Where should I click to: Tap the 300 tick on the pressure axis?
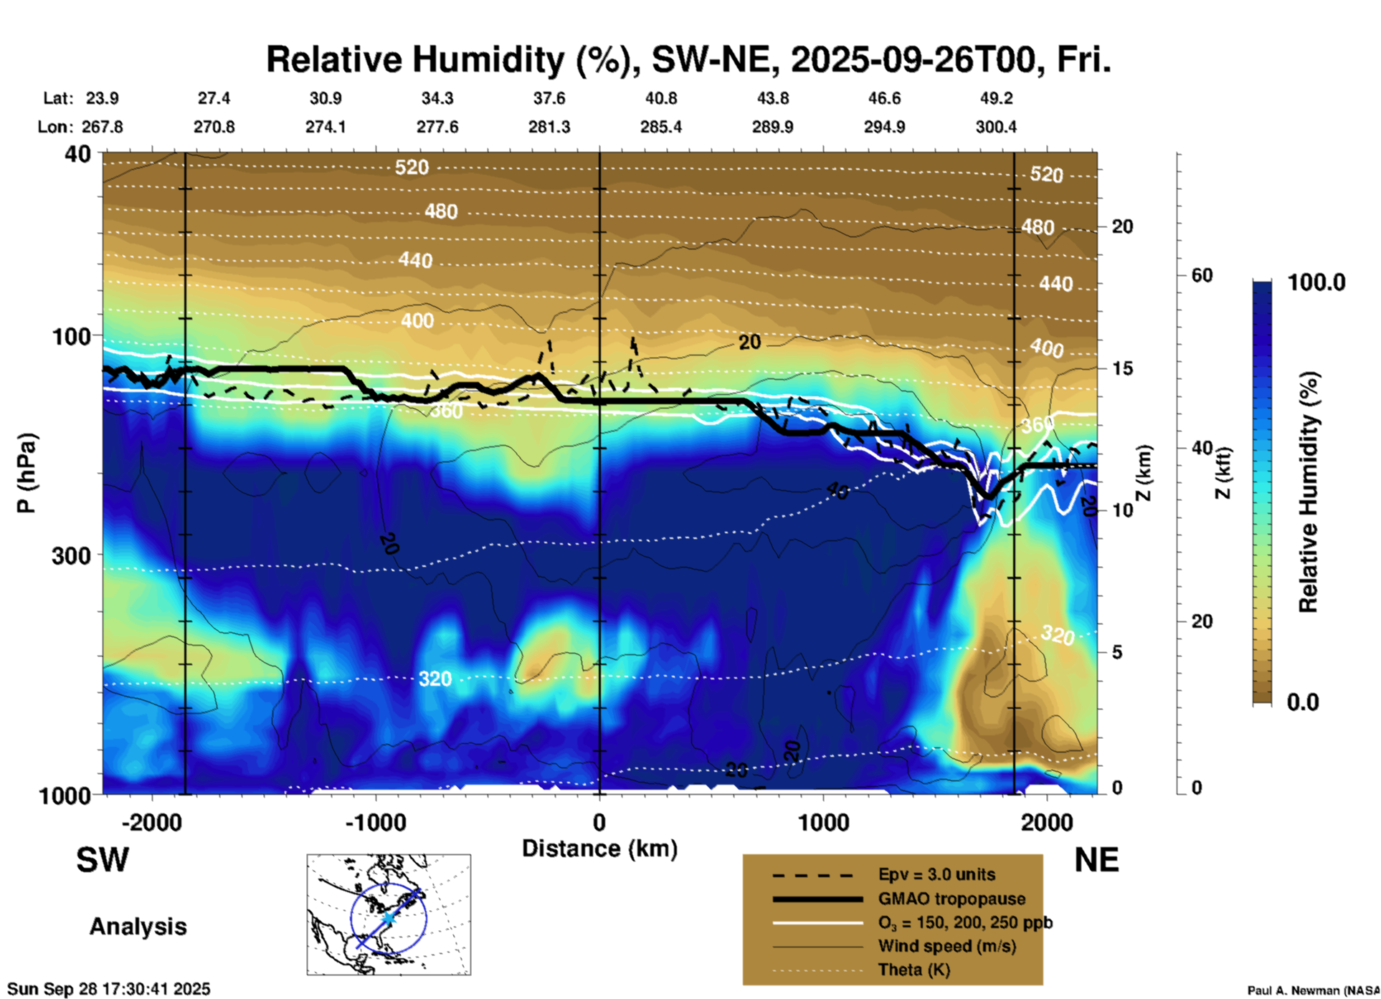[71, 555]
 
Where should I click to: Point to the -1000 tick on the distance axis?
[376, 822]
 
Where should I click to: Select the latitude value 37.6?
[549, 98]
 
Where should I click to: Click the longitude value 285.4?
[660, 127]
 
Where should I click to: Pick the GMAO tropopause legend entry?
[951, 899]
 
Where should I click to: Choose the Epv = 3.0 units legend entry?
[936, 874]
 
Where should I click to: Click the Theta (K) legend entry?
[913, 970]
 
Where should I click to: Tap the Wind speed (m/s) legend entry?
[946, 946]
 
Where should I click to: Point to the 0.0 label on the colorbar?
[1303, 702]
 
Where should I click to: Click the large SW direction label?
[103, 860]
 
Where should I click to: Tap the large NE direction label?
[1096, 860]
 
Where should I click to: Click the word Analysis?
[138, 927]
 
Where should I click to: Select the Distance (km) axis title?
[599, 849]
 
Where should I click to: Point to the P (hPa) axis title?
[27, 473]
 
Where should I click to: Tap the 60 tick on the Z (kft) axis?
[1202, 275]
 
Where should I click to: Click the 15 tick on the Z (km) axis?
[1122, 368]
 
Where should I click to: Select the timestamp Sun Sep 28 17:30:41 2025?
[109, 989]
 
